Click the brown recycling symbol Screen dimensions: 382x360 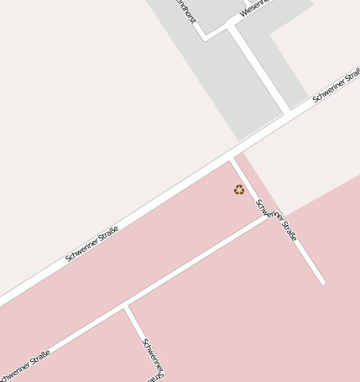coord(239,190)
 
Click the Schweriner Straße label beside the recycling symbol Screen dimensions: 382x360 coord(277,220)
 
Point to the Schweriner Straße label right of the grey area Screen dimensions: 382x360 coord(336,86)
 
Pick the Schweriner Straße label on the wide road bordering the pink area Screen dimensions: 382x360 coord(91,243)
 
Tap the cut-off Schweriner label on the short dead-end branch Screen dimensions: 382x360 coord(153,357)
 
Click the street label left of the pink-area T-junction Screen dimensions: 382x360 coord(25,366)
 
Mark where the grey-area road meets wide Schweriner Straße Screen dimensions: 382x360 coord(290,111)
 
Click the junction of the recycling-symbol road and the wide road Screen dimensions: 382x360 coord(232,156)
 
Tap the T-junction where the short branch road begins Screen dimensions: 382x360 coord(126,306)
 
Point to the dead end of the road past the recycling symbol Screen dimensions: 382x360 coord(321,282)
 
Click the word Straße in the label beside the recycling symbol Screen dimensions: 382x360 coord(288,230)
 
